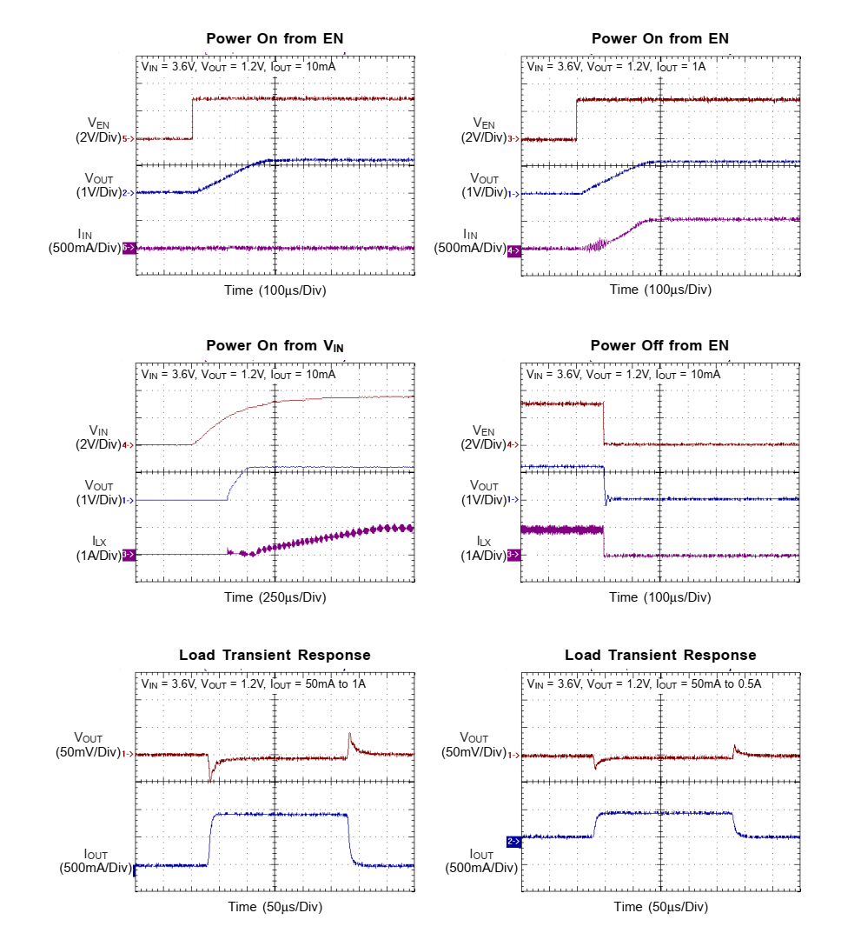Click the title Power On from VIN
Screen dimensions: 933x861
click(275, 346)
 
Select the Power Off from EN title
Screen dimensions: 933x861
click(659, 346)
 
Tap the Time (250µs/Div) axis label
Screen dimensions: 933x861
click(275, 597)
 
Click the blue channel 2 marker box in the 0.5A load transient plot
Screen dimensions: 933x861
click(513, 841)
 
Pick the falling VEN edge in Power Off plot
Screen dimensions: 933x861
click(604, 424)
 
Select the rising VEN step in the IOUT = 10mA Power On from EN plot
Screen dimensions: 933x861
click(192, 118)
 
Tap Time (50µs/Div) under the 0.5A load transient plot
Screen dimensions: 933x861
click(659, 906)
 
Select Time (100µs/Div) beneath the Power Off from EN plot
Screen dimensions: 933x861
click(659, 597)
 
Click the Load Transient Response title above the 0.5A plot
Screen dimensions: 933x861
click(659, 655)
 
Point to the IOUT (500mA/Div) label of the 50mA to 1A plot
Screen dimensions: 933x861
click(96, 860)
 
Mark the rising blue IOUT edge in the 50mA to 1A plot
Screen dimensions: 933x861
click(210, 839)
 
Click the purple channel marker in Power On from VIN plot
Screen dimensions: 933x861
click(127, 554)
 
